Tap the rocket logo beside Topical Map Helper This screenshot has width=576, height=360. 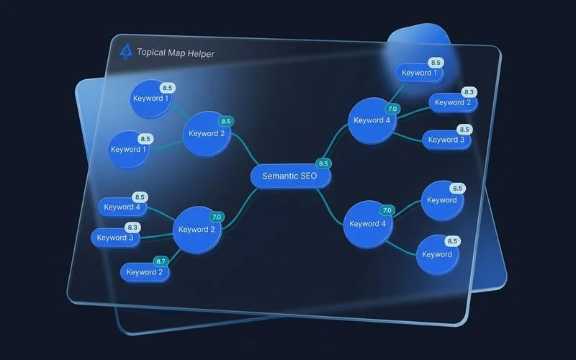pyautogui.click(x=127, y=50)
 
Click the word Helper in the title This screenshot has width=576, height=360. pyautogui.click(x=197, y=53)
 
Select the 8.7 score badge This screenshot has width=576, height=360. pyautogui.click(x=161, y=261)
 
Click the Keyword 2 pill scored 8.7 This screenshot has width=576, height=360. pyautogui.click(x=145, y=272)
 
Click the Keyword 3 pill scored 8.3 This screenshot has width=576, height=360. pyautogui.click(x=116, y=238)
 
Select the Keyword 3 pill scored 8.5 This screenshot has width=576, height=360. pyautogui.click(x=446, y=140)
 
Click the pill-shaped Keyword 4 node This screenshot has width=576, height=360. pyautogui.click(x=122, y=207)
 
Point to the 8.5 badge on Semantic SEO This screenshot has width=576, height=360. pyautogui.click(x=323, y=163)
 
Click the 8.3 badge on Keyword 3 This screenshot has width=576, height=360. pyautogui.click(x=133, y=227)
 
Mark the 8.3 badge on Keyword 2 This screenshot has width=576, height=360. pyautogui.click(x=469, y=92)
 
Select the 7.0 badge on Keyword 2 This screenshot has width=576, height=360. pyautogui.click(x=216, y=216)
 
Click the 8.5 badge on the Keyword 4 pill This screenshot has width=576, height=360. pyautogui.click(x=140, y=197)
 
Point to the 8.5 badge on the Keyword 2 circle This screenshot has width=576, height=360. pyautogui.click(x=225, y=122)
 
